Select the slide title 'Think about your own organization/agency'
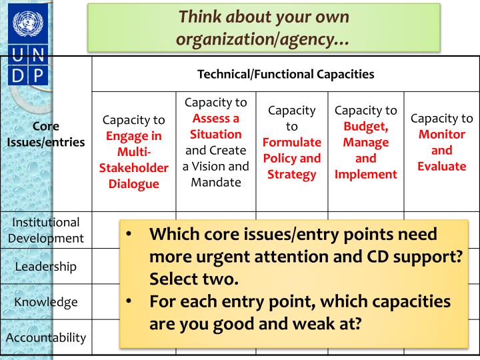(x=264, y=27)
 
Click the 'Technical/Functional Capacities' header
(x=285, y=74)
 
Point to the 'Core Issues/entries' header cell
(x=46, y=134)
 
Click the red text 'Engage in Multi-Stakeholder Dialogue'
(x=133, y=160)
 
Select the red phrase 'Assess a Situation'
(x=216, y=125)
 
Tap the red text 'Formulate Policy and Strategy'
(x=292, y=159)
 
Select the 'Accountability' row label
(x=46, y=337)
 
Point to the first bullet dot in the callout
(x=131, y=235)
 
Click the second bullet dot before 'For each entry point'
(x=131, y=301)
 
